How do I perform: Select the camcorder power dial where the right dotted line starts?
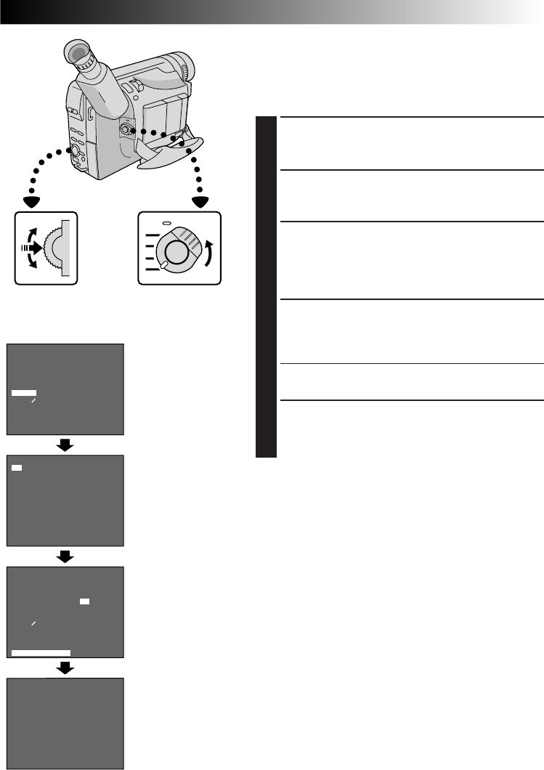126,129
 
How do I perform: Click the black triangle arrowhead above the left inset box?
31,201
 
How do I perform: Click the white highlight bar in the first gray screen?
23,393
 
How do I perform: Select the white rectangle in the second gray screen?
17,467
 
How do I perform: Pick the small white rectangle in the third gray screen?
84,602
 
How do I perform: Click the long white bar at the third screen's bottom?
41,653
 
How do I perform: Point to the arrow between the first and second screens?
65,445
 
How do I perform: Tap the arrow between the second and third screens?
65,556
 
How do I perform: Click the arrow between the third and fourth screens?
65,668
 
